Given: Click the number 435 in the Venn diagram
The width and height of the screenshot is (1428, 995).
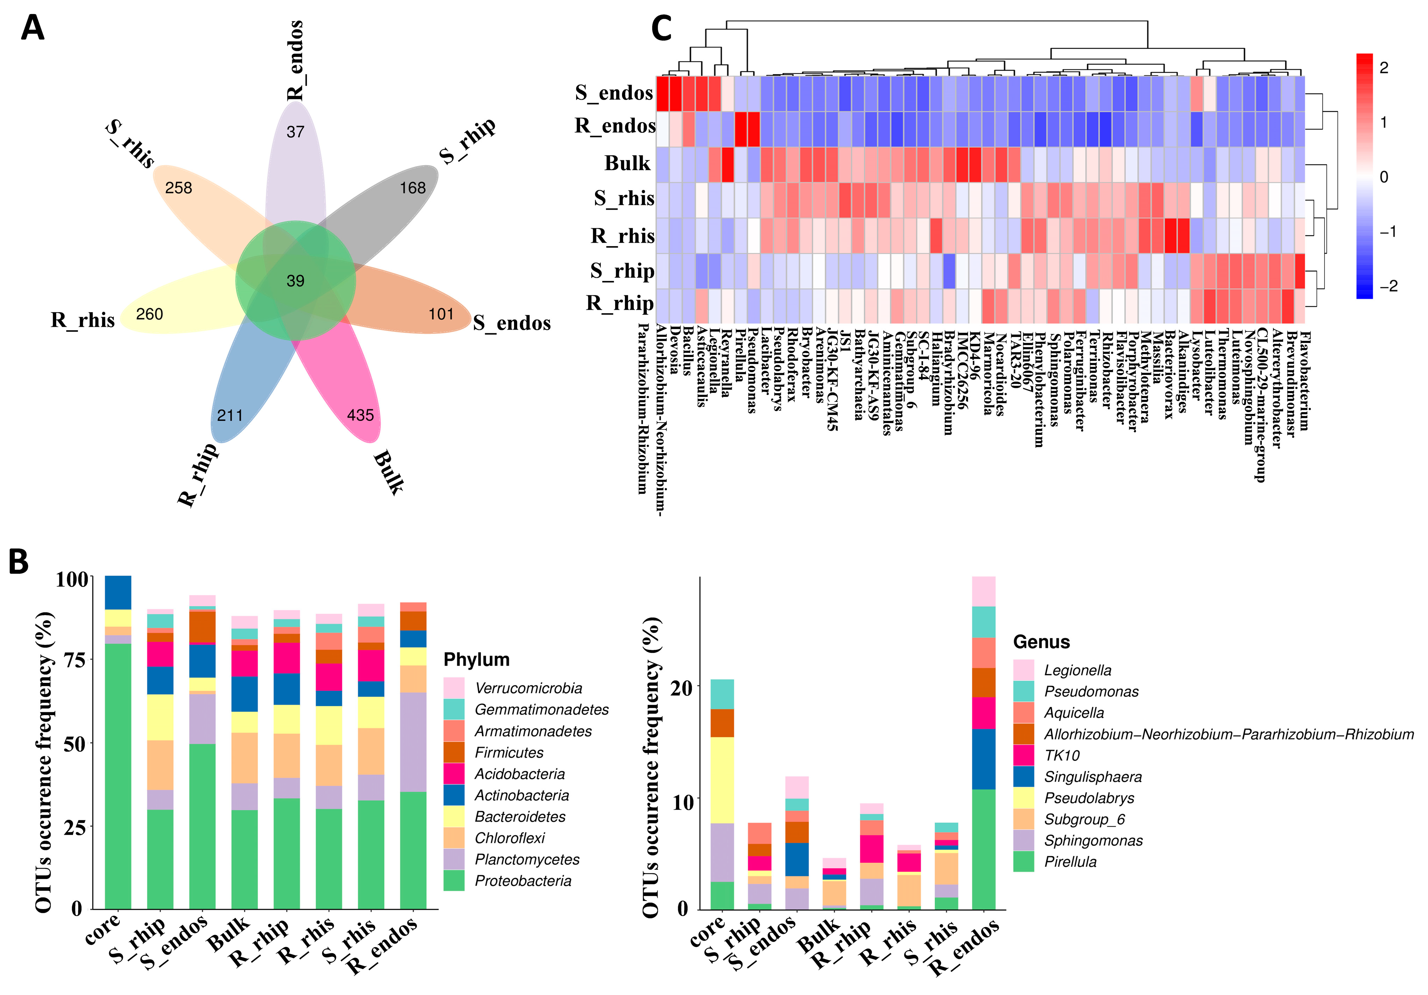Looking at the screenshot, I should click(x=360, y=415).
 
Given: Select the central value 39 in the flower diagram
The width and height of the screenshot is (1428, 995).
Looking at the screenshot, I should click(x=295, y=281).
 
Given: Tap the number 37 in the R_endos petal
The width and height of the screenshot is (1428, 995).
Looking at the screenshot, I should click(x=295, y=132).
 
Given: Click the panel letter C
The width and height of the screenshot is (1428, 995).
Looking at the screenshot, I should click(x=661, y=29).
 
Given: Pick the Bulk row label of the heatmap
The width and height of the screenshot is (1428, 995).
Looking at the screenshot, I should click(x=627, y=163).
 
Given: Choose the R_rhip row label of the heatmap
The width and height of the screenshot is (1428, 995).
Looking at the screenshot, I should click(x=620, y=303).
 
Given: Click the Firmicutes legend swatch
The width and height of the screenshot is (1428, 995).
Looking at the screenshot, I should click(x=454, y=752).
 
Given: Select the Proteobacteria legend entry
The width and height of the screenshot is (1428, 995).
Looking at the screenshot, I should click(x=522, y=881).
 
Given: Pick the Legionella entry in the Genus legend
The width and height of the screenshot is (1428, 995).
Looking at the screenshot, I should click(x=1077, y=670).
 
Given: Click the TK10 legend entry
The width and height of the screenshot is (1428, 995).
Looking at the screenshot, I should click(x=1062, y=755).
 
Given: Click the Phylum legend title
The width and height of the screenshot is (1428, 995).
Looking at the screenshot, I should click(x=476, y=659).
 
